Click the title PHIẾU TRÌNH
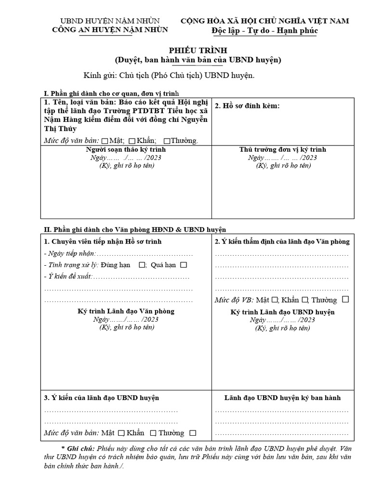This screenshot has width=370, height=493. [198, 51]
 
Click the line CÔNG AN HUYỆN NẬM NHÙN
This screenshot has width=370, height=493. [110, 30]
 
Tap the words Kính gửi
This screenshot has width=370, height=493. [98, 76]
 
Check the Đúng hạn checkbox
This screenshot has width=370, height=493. [142, 265]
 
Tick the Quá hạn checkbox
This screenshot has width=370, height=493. [184, 265]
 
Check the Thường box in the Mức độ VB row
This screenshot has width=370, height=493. [345, 299]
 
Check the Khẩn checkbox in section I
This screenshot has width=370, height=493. [132, 141]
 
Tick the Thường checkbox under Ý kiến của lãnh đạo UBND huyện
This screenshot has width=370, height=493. [193, 433]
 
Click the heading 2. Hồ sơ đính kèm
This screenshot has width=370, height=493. [247, 105]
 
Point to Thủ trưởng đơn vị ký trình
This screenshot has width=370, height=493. [283, 150]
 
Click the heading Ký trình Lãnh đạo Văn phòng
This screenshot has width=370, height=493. [126, 311]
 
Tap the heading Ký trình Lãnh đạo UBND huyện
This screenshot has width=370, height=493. [282, 311]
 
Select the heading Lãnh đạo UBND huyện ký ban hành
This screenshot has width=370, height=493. [282, 398]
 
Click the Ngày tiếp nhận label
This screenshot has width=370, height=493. [70, 253]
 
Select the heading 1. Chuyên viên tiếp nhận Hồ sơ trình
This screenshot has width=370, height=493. [103, 241]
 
